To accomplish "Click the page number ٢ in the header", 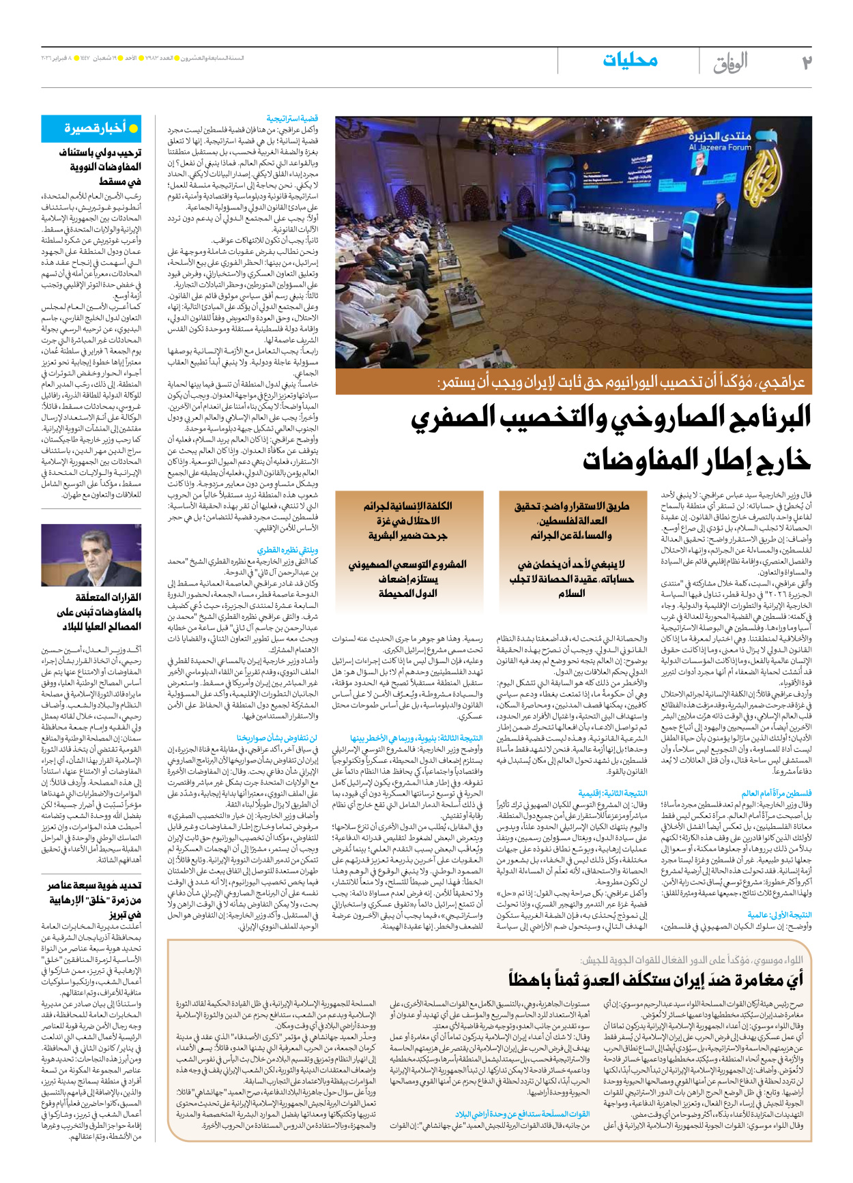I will (x=806, y=62).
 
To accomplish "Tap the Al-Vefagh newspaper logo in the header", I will (x=731, y=63).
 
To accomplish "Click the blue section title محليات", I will (x=630, y=61).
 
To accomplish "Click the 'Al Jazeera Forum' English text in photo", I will (x=719, y=147).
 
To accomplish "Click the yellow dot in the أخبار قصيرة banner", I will (x=134, y=128).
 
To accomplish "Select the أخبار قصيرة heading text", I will (x=96, y=128).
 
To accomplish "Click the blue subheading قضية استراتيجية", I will (x=292, y=119).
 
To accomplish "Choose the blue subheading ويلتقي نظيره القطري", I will (x=287, y=549).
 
